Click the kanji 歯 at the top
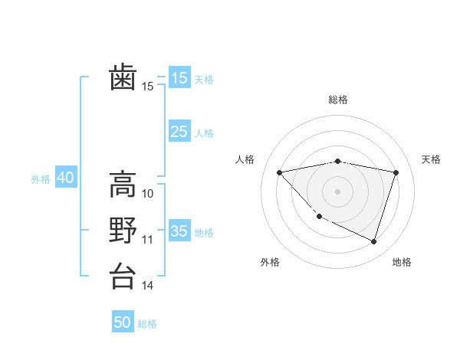tap(123, 77)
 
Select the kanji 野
tap(123, 230)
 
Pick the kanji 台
tap(123, 276)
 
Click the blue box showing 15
tap(179, 77)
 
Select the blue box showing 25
tap(179, 132)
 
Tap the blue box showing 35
tap(179, 231)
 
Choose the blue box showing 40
tap(65, 178)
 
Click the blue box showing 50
tap(123, 322)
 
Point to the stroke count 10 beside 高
tap(148, 193)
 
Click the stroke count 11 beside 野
tap(148, 240)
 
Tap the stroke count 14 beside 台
tap(148, 286)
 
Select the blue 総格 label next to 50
tap(147, 324)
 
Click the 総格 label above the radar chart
tap(337, 100)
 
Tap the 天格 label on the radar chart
tap(431, 159)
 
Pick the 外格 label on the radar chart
tap(270, 262)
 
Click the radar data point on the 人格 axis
tap(279, 172)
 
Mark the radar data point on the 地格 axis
tap(373, 241)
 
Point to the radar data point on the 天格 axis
tap(396, 172)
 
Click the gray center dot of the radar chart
tap(337, 191)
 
